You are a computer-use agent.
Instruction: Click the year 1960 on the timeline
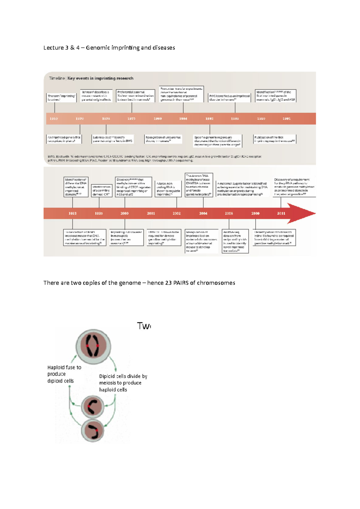pyautogui.click(x=54, y=119)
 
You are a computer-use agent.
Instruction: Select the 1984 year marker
pyautogui.click(x=183, y=119)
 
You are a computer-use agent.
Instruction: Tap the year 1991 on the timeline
pyautogui.click(x=286, y=119)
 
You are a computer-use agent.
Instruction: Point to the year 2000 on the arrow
pyautogui.click(x=124, y=213)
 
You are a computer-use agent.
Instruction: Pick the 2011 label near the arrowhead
pyautogui.click(x=281, y=213)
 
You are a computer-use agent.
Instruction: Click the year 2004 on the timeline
pyautogui.click(x=203, y=213)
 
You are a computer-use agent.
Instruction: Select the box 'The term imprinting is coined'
pyautogui.click(x=61, y=98)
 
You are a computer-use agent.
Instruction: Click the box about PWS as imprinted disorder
pyautogui.click(x=229, y=98)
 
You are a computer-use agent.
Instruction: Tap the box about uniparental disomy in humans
pyautogui.click(x=163, y=139)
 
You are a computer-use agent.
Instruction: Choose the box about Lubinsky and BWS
pyautogui.click(x=112, y=139)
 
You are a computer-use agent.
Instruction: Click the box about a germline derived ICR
pyautogui.click(x=101, y=191)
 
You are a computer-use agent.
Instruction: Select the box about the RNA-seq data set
pyautogui.click(x=235, y=241)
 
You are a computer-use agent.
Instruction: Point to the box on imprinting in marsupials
pyautogui.click(x=126, y=238)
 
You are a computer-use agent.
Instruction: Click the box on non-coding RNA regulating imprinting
pyautogui.click(x=168, y=189)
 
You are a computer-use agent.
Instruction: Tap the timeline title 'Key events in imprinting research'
pyautogui.click(x=100, y=78)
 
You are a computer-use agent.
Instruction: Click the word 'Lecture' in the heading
pyautogui.click(x=54, y=48)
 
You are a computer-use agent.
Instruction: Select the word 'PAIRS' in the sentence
pyautogui.click(x=181, y=283)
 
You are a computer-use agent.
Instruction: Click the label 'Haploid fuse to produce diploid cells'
pyautogui.click(x=64, y=374)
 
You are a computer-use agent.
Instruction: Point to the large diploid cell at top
pyautogui.click(x=93, y=346)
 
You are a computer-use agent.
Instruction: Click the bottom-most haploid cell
pyautogui.click(x=93, y=430)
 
